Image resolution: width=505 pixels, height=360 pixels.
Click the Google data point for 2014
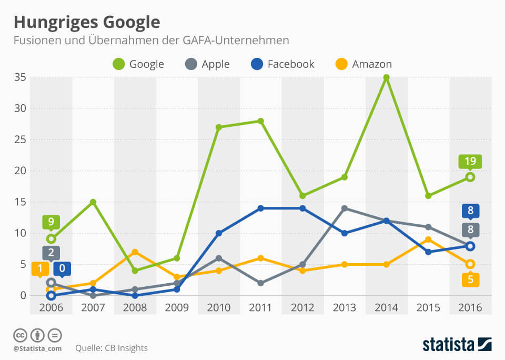pyautogui.click(x=386, y=77)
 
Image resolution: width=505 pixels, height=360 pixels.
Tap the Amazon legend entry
pyautogui.click(x=363, y=64)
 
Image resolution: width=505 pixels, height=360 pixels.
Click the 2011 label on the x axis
pyautogui.click(x=260, y=308)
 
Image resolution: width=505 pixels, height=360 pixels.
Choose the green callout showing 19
pyautogui.click(x=470, y=162)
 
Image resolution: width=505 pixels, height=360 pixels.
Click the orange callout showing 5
pyautogui.click(x=470, y=280)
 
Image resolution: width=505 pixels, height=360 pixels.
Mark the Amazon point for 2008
pyautogui.click(x=135, y=252)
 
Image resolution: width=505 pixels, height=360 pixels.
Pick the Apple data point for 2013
pyautogui.click(x=345, y=208)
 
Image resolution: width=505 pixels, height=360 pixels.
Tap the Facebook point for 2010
pyautogui.click(x=218, y=233)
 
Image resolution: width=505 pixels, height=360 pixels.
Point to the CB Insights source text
pyautogui.click(x=112, y=348)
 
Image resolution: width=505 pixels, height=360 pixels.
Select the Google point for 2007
pyautogui.click(x=93, y=202)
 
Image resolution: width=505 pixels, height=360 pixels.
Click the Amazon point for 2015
pyautogui.click(x=428, y=239)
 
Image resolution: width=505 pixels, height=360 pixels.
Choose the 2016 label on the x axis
pyautogui.click(x=470, y=308)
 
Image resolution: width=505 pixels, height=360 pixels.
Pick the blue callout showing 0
pyautogui.click(x=62, y=268)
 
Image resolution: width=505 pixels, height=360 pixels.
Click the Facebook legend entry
pyautogui.click(x=282, y=64)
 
